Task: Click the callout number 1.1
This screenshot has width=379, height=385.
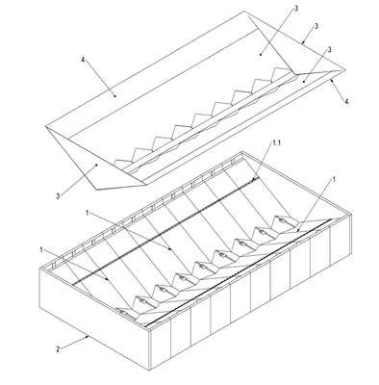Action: (275, 144)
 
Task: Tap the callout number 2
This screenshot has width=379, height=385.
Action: (58, 349)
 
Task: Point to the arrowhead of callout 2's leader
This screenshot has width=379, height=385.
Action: (87, 337)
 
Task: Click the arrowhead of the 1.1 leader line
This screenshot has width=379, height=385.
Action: (255, 177)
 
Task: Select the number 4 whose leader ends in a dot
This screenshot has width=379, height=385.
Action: (84, 61)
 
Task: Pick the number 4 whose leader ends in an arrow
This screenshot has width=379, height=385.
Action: (346, 101)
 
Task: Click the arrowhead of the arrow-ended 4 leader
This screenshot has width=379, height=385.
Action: (332, 79)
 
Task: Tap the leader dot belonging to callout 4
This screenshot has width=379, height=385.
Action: (114, 95)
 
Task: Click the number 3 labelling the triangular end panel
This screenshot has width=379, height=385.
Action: (58, 196)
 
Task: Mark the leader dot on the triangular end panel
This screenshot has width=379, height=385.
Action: (96, 165)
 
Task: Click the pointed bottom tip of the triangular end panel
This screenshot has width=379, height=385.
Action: (95, 188)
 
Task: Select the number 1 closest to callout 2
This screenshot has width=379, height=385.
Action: (41, 249)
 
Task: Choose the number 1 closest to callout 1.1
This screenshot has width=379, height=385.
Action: (334, 180)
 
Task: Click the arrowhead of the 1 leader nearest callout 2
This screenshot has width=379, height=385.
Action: (108, 279)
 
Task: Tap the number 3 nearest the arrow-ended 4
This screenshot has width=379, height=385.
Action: (329, 49)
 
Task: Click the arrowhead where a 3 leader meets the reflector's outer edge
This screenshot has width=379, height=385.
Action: (302, 42)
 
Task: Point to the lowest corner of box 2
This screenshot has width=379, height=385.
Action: (149, 371)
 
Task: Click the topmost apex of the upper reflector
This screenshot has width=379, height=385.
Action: (245, 12)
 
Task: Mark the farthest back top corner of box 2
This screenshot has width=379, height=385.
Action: (243, 151)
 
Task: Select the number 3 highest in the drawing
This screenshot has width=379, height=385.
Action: (296, 8)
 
